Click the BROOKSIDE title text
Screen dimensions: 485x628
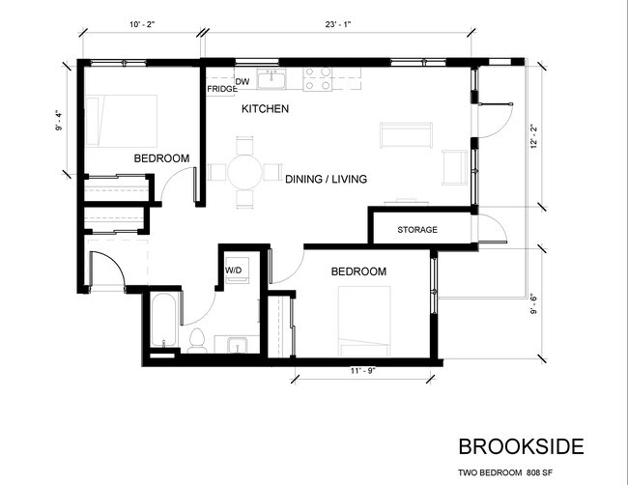pos(520,446)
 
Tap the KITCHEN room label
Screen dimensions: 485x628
pos(265,110)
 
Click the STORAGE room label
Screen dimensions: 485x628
pos(417,230)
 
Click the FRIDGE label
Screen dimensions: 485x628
pos(221,90)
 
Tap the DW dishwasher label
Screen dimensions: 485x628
pos(243,81)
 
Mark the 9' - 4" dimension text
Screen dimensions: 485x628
pos(61,119)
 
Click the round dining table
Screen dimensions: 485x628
pos(243,173)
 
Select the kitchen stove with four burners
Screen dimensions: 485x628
pos(318,78)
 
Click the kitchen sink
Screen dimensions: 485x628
pos(271,79)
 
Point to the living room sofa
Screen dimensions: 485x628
pos(406,135)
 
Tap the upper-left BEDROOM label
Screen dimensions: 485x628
pos(160,158)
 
